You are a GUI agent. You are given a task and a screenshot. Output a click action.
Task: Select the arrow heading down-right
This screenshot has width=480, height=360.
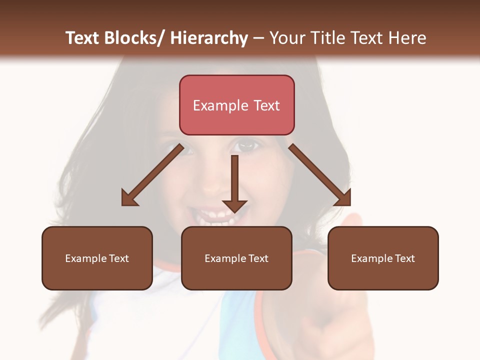coord(320,175)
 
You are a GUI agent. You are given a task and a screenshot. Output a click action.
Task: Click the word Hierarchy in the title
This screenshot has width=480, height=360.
coord(209,38)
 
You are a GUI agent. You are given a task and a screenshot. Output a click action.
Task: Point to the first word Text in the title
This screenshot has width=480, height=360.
coord(82,38)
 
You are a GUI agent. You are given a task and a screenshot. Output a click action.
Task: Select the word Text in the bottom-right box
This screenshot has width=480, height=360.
coord(404,258)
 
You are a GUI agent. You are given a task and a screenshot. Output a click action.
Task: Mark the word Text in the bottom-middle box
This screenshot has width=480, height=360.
coord(257,258)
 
